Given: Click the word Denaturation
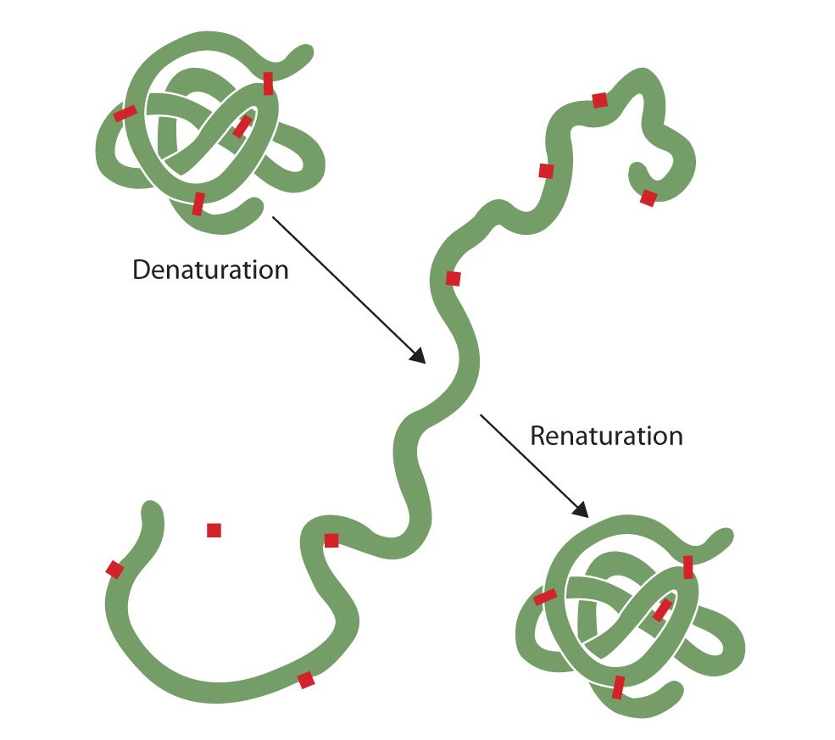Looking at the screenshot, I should [210, 270].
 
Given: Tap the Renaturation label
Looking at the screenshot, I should [606, 436].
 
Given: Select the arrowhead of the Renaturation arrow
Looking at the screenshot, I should [582, 510].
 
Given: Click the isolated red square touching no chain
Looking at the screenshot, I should [214, 531].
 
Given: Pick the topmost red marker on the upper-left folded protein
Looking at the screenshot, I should [268, 83].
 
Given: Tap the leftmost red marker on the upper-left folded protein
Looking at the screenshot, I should [125, 114].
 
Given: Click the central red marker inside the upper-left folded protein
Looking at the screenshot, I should [242, 126].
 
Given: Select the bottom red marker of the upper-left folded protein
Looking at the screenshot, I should [198, 203].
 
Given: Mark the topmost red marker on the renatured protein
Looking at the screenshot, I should [687, 566].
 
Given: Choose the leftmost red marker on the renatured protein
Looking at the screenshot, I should [545, 598].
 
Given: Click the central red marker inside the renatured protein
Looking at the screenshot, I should [662, 609].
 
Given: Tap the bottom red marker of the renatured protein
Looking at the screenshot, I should [618, 687].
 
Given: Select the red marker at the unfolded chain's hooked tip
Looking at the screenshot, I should [648, 198].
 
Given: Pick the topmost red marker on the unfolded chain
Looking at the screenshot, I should [599, 100].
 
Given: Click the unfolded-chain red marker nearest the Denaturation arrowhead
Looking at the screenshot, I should [453, 278].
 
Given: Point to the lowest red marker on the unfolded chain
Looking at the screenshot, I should [306, 680].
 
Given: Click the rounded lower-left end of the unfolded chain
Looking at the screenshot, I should [152, 511].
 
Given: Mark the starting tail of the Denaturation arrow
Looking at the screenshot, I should [273, 218].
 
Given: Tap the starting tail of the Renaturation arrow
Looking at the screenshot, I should [481, 415].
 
